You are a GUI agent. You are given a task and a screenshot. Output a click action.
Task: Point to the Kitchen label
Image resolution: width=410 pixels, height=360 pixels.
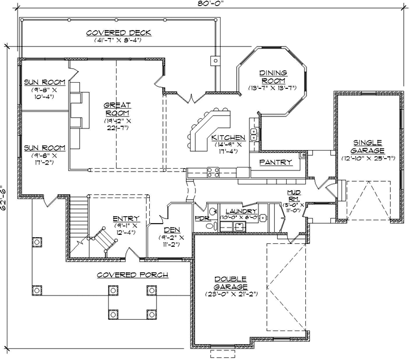coord(228,138)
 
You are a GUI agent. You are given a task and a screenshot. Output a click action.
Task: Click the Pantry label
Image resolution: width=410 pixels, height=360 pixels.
coord(275,162)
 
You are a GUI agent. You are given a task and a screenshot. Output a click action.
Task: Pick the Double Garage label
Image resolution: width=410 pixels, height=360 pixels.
coord(230,283)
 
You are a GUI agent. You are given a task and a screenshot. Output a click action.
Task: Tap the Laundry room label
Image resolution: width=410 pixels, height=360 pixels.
coord(241,211)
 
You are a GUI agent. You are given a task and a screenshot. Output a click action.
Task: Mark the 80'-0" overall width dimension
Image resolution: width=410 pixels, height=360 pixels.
coord(208,4)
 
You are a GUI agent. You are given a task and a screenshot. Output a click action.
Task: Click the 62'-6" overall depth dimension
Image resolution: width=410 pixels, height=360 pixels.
coord(4,198)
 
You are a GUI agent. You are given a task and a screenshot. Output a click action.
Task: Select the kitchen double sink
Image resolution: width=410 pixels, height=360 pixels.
coord(254,134)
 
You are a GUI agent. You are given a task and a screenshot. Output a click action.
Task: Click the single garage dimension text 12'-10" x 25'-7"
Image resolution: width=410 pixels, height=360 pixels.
coord(367,158)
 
